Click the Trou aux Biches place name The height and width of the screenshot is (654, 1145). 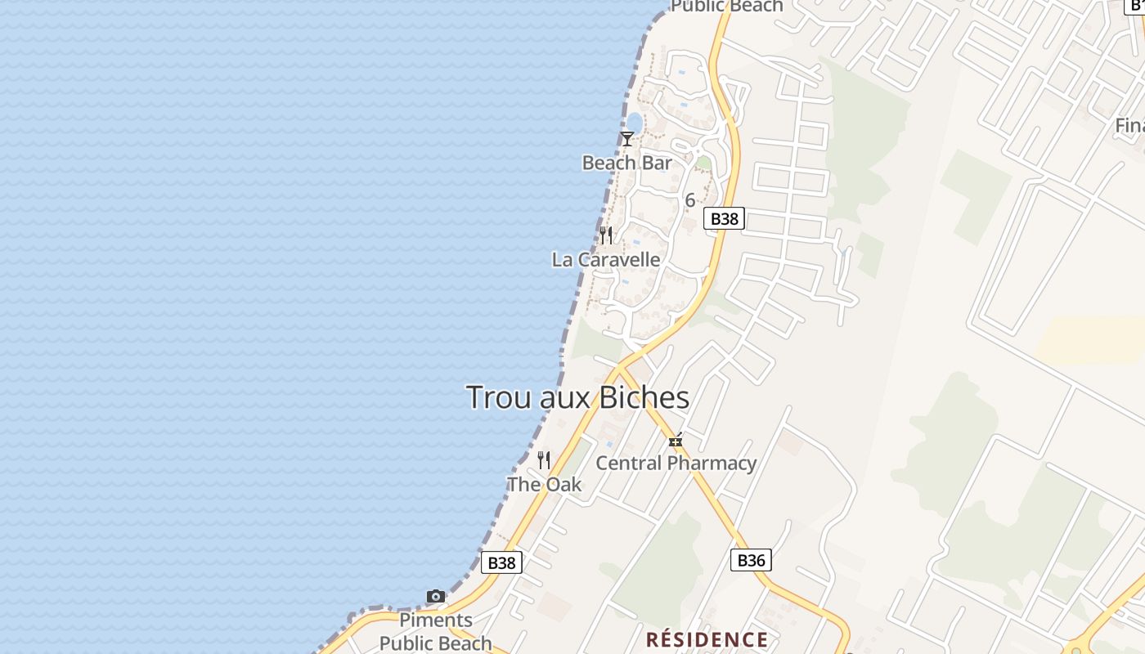point(577,398)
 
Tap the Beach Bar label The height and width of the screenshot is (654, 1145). point(626,163)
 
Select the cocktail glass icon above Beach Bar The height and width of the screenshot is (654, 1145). point(626,139)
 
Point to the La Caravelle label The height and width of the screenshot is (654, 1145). point(606,260)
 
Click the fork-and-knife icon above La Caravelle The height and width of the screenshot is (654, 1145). point(606,235)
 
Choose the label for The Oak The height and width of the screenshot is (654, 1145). point(544,484)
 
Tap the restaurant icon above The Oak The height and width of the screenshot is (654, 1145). point(544,460)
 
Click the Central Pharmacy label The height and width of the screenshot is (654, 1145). point(676,463)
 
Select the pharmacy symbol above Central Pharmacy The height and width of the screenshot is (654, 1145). point(676,441)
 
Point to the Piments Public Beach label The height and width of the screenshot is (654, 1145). point(436,631)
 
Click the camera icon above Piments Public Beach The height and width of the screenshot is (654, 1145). point(436,596)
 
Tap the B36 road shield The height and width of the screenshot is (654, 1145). point(751,560)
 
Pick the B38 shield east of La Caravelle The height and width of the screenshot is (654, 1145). point(724,218)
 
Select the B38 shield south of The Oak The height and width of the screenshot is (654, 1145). point(501,562)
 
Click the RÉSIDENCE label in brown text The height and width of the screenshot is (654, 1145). point(707,639)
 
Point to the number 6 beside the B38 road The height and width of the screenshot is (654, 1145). point(690,199)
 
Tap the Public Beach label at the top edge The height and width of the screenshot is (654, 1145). point(726,7)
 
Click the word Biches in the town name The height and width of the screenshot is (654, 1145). point(644,398)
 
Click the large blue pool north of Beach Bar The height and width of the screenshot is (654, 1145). point(634,123)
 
